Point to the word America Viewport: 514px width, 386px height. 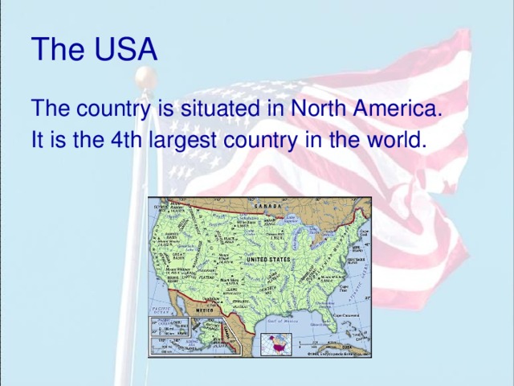[399, 108]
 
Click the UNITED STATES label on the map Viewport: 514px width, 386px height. [267, 260]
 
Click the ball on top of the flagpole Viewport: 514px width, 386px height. [144, 76]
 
